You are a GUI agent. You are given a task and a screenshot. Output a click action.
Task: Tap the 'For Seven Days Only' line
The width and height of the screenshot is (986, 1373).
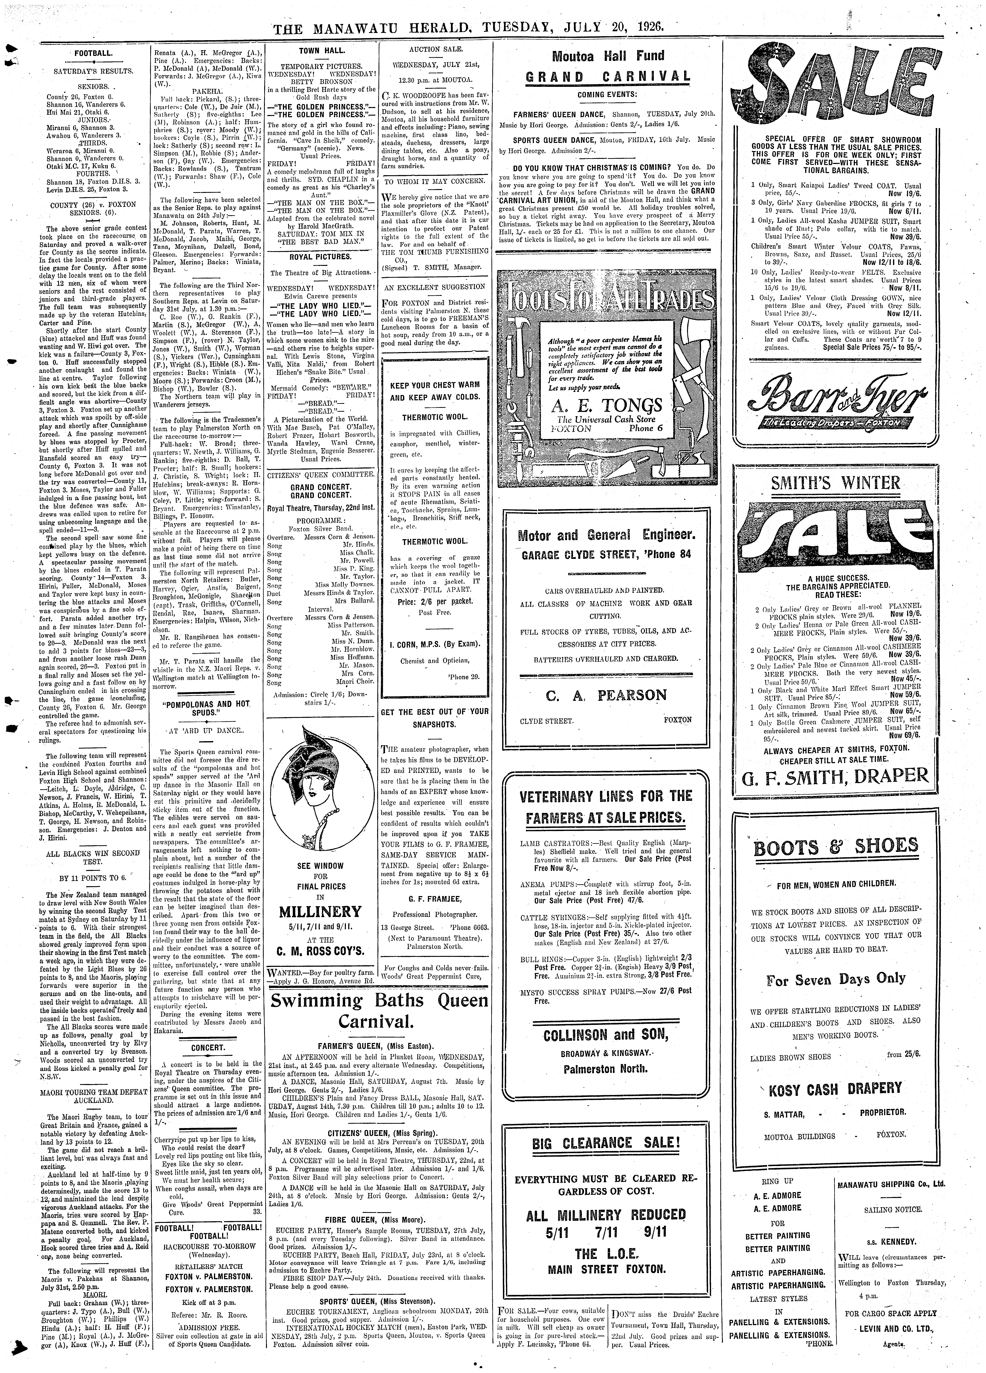point(835,979)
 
